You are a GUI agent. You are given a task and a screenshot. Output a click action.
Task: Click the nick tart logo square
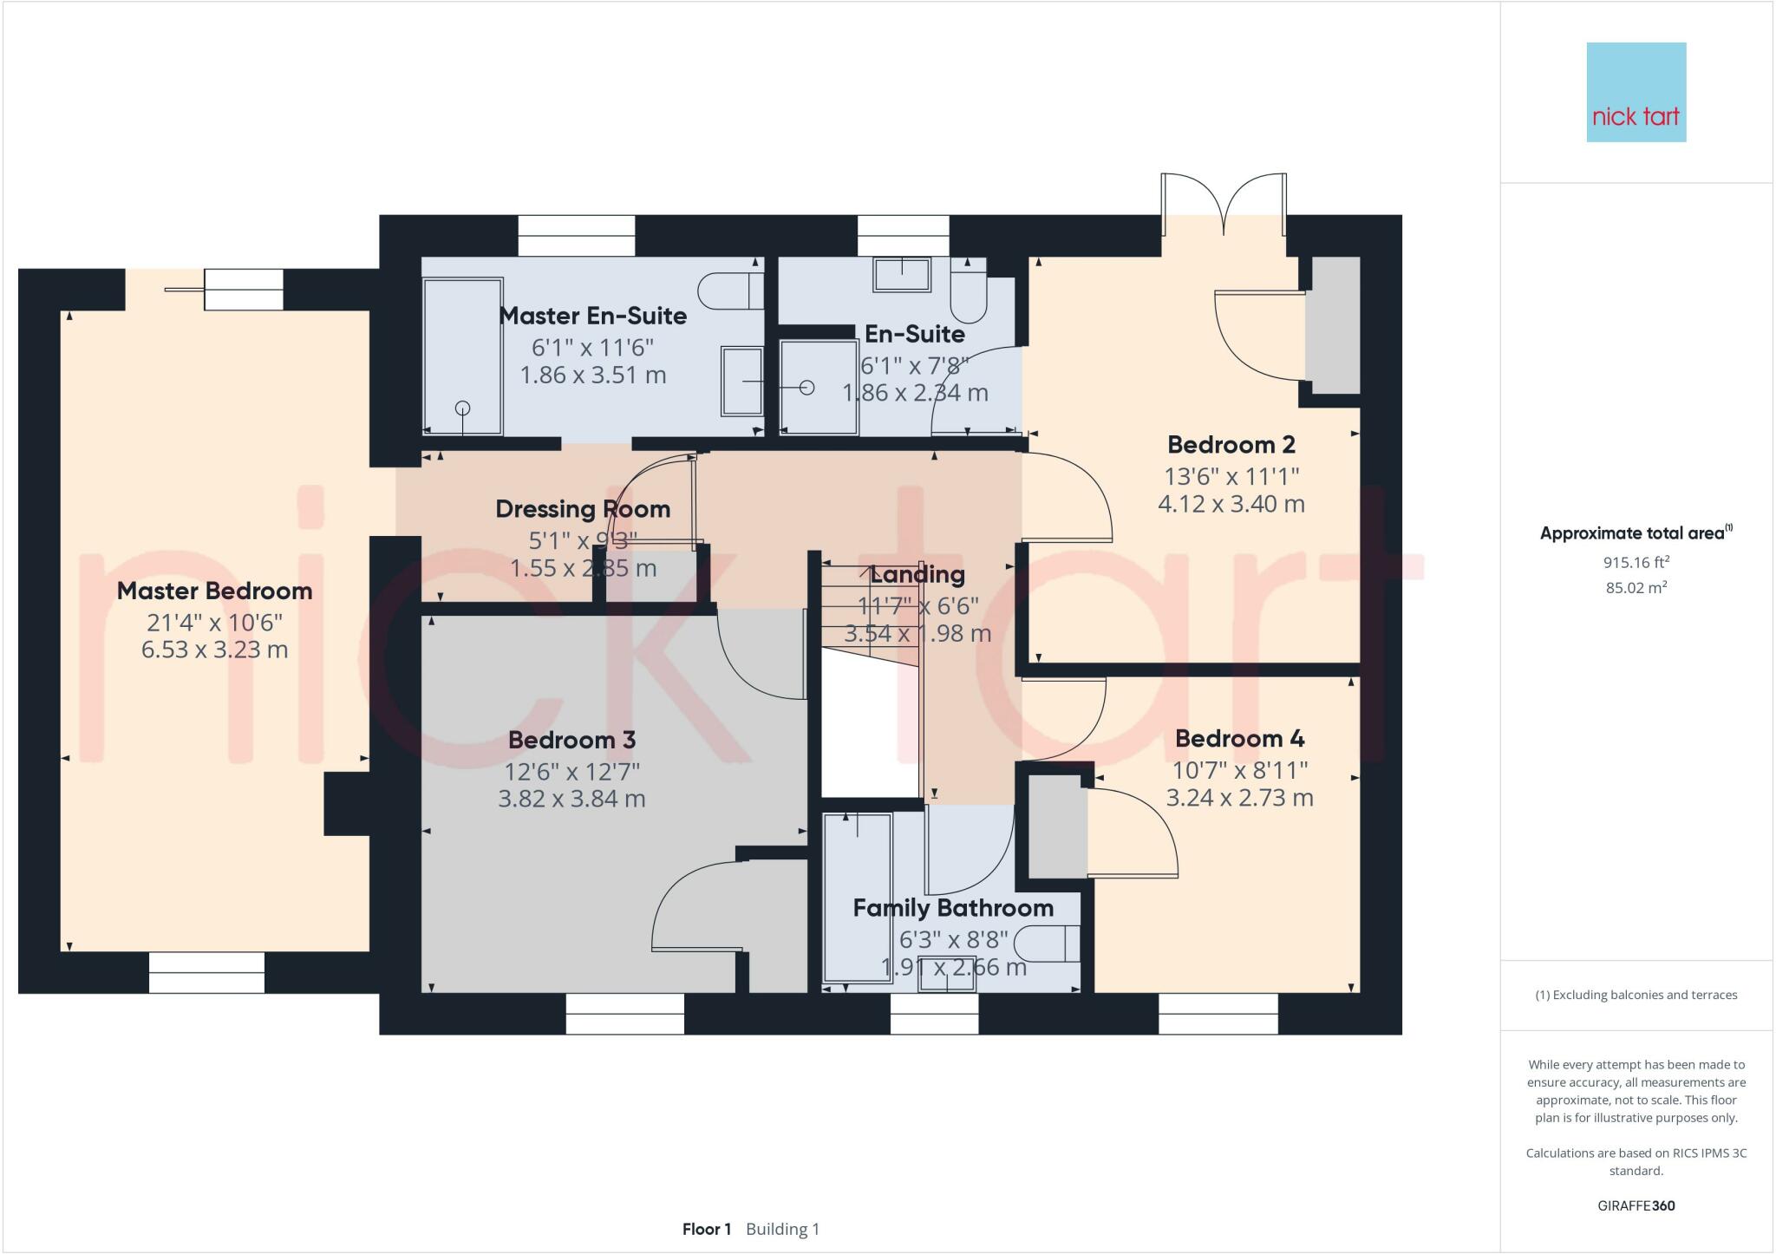tap(1636, 92)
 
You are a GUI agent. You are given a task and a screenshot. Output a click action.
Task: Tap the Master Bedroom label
tap(214, 591)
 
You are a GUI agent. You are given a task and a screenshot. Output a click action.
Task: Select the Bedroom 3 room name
tap(571, 741)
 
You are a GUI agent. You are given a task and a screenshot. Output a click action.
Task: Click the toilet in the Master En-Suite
tap(728, 291)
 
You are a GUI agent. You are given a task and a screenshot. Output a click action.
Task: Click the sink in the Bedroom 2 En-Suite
tap(901, 274)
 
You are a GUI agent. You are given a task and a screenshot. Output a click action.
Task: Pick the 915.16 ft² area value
tap(1636, 562)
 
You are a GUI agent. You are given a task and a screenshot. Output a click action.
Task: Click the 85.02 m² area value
tap(1636, 587)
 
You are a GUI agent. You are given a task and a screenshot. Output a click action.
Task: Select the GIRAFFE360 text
tap(1636, 1205)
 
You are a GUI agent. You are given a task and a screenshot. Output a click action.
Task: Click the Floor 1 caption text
tap(706, 1229)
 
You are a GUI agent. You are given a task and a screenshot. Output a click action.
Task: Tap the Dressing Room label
tap(583, 509)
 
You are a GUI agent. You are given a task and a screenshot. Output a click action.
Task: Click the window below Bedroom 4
tap(1218, 1014)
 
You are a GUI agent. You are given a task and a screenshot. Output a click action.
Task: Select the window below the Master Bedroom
tap(206, 972)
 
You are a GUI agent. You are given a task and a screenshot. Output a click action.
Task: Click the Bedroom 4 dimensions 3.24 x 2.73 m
tap(1239, 798)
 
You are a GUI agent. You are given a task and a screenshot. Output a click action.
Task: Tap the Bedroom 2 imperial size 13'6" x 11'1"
tap(1231, 476)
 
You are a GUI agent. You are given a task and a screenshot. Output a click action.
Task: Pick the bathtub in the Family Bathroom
tap(857, 898)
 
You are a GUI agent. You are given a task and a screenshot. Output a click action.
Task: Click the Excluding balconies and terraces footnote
tap(1636, 995)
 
